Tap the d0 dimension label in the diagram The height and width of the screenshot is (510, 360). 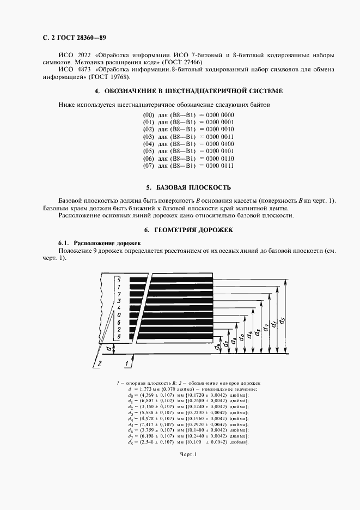(241, 335)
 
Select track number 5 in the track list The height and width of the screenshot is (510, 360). (118, 280)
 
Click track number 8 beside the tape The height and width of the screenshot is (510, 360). (118, 337)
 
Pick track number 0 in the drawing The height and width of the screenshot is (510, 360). (118, 315)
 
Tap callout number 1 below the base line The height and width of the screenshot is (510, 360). (126, 362)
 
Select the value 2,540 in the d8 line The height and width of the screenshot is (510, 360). (150, 442)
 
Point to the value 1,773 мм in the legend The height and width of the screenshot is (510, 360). (144, 389)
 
